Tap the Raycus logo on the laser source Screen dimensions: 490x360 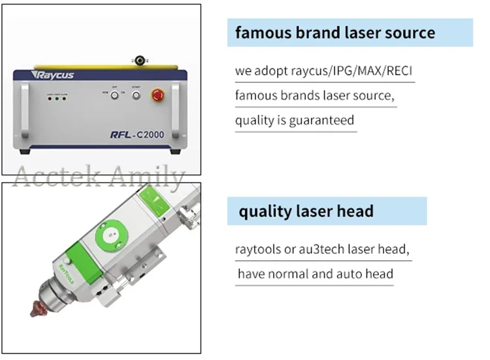pos(50,76)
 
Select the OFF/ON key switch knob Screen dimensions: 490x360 pos(114,97)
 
